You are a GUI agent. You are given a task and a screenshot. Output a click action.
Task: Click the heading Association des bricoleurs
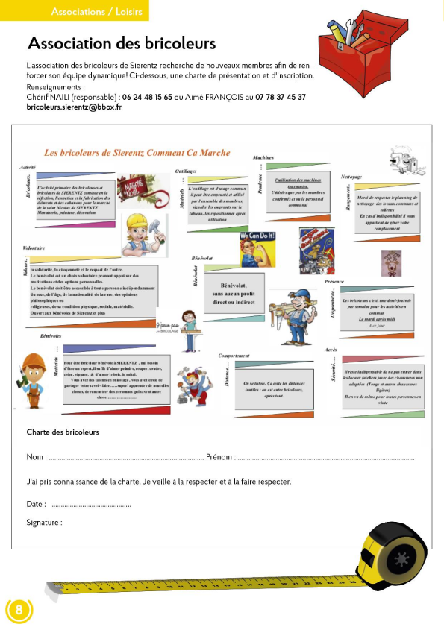[x=121, y=44]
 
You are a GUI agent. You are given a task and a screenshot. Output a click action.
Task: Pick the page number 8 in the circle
[x=19, y=610]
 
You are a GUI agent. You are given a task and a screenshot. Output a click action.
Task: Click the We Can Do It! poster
[x=254, y=249]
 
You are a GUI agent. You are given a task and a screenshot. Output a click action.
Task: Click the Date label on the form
[x=36, y=505]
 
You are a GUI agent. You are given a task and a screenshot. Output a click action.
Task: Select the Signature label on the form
[x=43, y=523]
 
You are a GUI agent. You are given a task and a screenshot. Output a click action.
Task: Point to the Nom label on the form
[x=35, y=457]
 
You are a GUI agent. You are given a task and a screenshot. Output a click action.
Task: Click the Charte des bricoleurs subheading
[x=63, y=432]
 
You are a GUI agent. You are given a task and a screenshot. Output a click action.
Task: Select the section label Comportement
[x=234, y=356]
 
